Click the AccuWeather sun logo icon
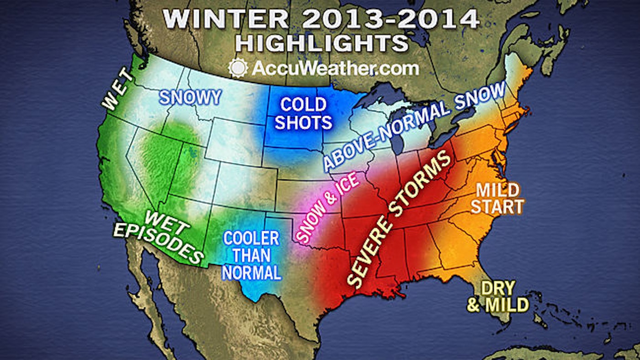237,69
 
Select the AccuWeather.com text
334,69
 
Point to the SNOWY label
190,97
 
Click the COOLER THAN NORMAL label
251,255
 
